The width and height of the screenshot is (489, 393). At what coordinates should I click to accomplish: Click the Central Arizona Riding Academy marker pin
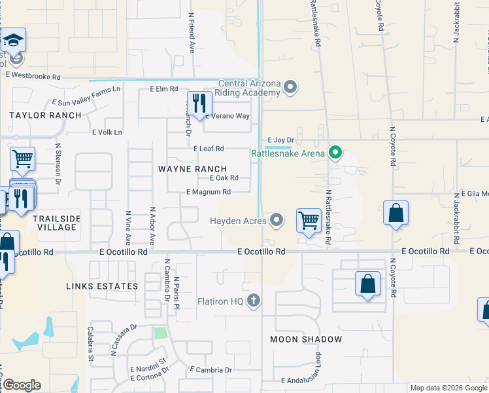(292, 86)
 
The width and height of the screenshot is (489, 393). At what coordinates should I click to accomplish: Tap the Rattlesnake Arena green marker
(335, 154)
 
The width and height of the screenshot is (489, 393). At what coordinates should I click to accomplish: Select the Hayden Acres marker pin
(277, 221)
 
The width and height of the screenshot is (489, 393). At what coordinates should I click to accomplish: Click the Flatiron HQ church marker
(254, 301)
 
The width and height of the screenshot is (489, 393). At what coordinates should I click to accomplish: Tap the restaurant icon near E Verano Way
(197, 104)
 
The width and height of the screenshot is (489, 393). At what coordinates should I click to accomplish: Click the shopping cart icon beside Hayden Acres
(308, 221)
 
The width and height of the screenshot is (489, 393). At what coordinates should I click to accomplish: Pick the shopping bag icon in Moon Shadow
(367, 284)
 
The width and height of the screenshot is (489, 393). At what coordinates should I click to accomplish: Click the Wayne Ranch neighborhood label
(193, 168)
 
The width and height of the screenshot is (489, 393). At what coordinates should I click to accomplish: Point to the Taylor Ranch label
(45, 115)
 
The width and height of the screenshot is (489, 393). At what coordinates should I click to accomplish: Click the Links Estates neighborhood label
(102, 286)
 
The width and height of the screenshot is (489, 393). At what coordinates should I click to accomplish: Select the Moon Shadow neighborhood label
(306, 339)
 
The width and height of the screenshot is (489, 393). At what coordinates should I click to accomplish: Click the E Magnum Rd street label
(209, 192)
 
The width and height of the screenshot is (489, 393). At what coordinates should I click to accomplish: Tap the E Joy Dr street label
(280, 140)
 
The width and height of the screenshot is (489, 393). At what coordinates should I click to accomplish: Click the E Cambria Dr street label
(210, 370)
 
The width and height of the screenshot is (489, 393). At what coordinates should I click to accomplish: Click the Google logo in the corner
(22, 385)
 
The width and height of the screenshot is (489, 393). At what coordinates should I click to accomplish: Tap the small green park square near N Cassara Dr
(160, 333)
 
